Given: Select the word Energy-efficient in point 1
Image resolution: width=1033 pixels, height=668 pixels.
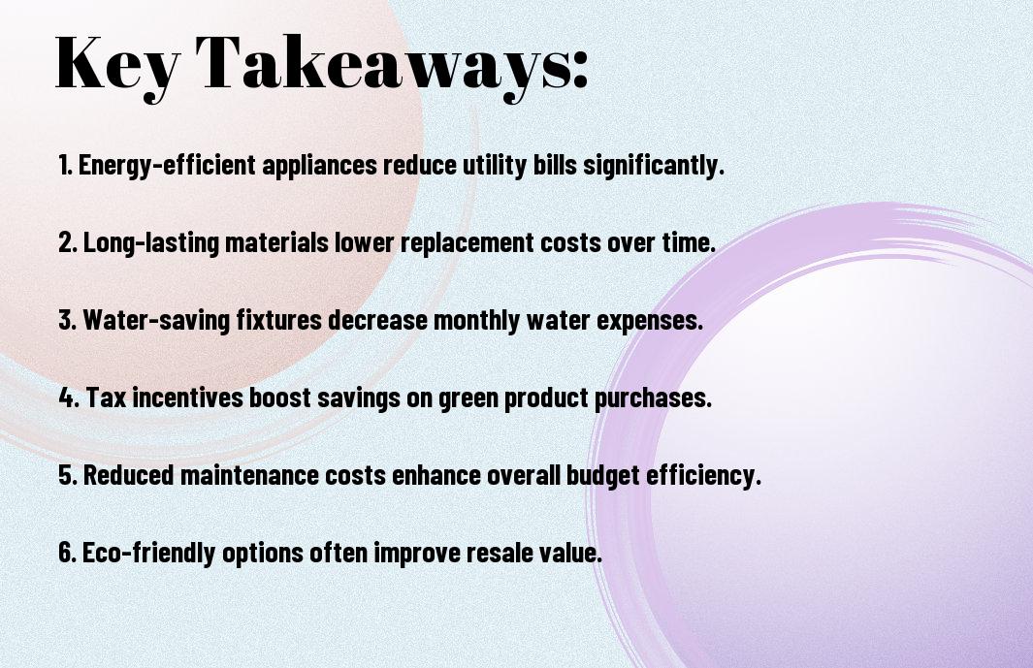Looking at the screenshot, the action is coord(168,165).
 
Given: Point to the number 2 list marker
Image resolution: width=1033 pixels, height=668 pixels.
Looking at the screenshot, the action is coord(67,242).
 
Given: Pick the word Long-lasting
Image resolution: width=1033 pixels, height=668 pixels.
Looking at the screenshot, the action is coord(151,242).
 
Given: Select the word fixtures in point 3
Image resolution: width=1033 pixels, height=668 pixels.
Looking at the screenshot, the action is coord(278,320).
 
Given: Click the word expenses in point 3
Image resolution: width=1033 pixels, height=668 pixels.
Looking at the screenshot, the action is coord(650,320).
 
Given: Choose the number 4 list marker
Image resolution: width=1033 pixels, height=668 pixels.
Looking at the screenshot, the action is coord(69,398).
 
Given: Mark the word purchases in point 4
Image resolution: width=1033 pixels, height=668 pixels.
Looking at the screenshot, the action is coord(653,398).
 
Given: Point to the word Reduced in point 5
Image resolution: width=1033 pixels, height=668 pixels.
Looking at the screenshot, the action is coord(128,474).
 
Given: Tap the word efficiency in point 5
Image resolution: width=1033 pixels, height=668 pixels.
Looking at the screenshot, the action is coord(703,474).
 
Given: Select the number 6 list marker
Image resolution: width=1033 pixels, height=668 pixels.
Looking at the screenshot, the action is coord(67,552).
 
